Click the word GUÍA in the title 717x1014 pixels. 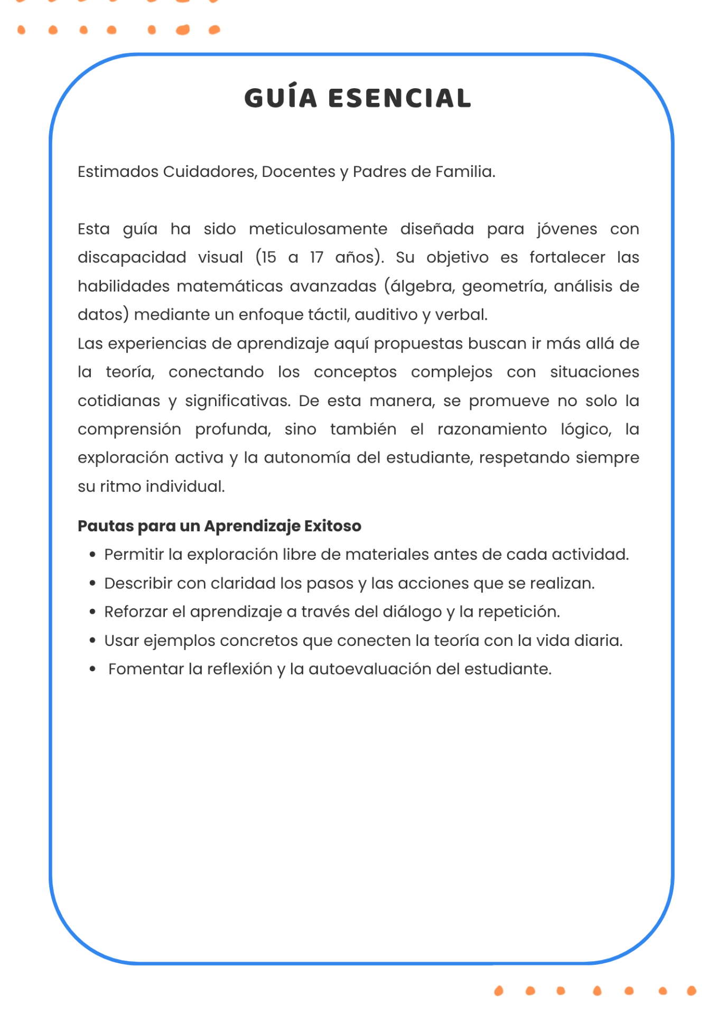pyautogui.click(x=281, y=98)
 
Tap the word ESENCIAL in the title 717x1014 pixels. pyautogui.click(x=399, y=98)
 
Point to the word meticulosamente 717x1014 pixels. pyautogui.click(x=318, y=229)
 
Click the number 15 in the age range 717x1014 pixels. pyautogui.click(x=268, y=258)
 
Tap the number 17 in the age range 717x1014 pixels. pyautogui.click(x=316, y=258)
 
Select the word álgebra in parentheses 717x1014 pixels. pyautogui.click(x=421, y=287)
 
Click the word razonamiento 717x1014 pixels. pyautogui.click(x=492, y=429)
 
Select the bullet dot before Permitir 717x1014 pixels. pyautogui.click(x=92, y=555)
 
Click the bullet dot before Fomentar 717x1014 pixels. pyautogui.click(x=92, y=669)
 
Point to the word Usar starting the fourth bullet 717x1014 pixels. pyautogui.click(x=121, y=641)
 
